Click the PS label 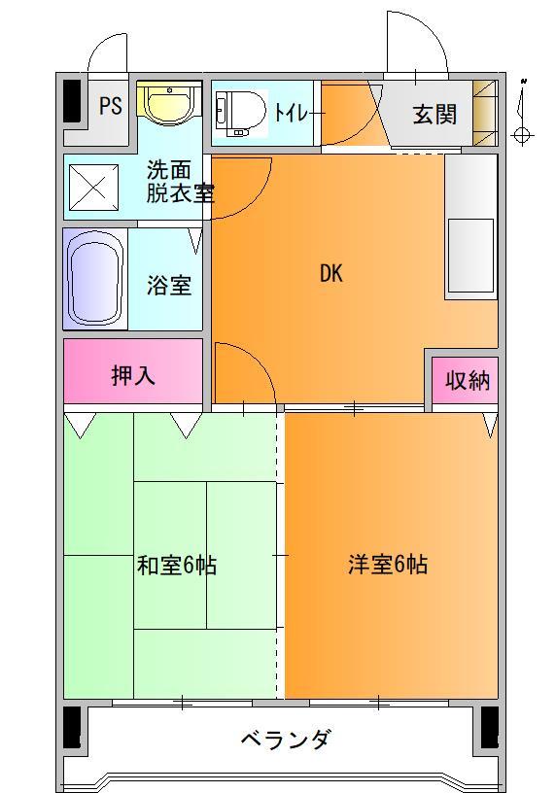coord(111,106)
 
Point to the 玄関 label coord(434,114)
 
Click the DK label coord(331,273)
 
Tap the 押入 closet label coord(133,375)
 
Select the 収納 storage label coord(468,380)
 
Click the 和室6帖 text coord(176,566)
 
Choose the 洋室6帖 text coord(387,565)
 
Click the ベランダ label coord(285,740)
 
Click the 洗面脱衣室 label coord(179,180)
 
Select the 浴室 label coord(169,286)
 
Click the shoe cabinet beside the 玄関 coord(484,113)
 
